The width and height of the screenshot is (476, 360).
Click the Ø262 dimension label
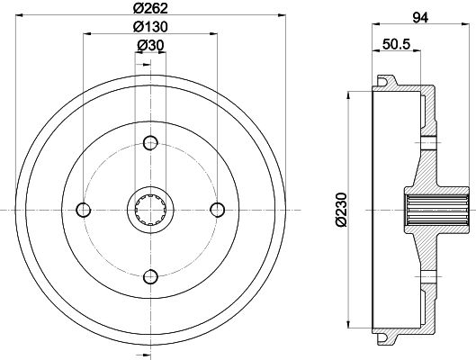pyautogui.click(x=150, y=9)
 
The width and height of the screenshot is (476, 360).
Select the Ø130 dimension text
pyautogui.click(x=150, y=27)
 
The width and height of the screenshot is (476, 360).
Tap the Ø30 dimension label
pyautogui.click(x=150, y=46)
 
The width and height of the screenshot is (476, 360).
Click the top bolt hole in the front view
pyautogui.click(x=150, y=141)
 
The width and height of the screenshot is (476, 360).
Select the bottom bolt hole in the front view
pyautogui.click(x=150, y=275)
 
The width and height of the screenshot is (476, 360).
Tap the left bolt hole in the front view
pyautogui.click(x=84, y=209)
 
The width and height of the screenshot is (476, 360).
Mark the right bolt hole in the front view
pyautogui.click(x=217, y=209)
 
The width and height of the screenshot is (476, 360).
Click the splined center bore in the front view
pyautogui.click(x=150, y=209)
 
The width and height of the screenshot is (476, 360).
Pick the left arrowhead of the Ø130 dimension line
pyautogui.click(x=86, y=36)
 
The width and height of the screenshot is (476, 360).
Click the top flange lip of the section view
pyautogui.click(x=390, y=83)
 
